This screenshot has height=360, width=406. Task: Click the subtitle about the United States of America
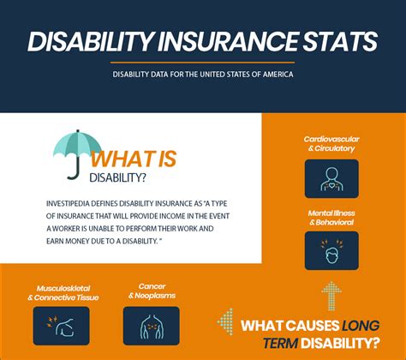coord(203,75)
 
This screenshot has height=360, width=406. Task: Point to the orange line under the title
coord(203,62)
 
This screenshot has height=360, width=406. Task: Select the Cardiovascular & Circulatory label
coord(330,143)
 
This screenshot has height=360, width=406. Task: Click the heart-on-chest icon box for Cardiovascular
coord(330,177)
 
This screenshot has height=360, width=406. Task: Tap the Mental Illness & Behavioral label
coord(330,217)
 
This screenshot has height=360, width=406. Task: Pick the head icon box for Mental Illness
coord(330,250)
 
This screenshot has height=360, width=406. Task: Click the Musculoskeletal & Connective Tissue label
coord(61,291)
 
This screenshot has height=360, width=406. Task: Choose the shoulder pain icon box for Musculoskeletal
coord(61,325)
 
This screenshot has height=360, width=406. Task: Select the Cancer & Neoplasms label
coord(151,291)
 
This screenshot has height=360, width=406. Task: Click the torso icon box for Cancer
coord(151,325)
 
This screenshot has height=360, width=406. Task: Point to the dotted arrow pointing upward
coord(330,295)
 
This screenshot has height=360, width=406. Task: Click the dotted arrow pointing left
coord(225,322)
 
